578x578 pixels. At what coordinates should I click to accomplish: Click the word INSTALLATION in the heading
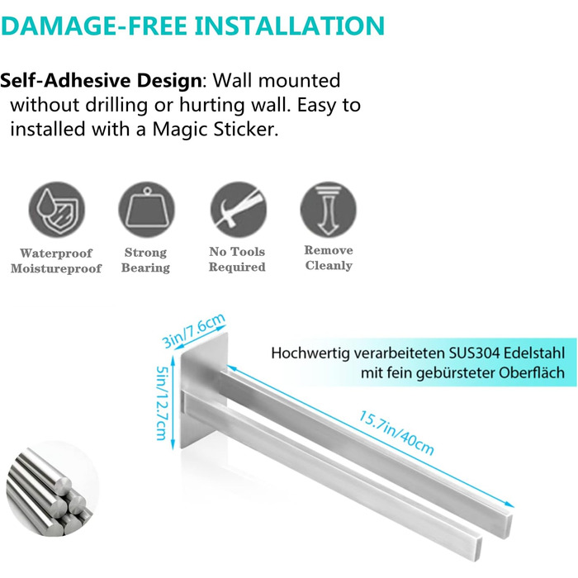coord(289,26)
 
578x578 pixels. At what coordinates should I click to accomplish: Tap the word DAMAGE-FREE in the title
coord(93,26)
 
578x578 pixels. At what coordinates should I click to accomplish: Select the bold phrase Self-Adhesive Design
coord(101,81)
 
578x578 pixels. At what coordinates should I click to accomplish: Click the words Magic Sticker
coord(216,130)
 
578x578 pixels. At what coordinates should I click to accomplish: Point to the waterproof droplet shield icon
coord(57,210)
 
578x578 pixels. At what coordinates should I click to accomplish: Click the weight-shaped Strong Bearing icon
coord(146,210)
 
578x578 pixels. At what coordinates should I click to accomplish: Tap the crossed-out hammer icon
coord(238,210)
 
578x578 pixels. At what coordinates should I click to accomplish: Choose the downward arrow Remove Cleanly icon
coord(328,210)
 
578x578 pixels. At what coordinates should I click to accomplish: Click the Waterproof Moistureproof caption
coord(56,261)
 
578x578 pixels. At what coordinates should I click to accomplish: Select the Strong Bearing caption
coord(145,260)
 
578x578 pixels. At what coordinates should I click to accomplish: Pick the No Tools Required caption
coord(237,258)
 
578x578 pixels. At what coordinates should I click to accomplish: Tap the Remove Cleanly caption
coord(329,258)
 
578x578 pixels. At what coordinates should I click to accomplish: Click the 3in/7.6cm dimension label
coord(193,330)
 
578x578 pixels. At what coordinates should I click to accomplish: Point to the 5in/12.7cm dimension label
coord(162,403)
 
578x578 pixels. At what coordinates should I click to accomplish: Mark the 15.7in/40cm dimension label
coord(396,433)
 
